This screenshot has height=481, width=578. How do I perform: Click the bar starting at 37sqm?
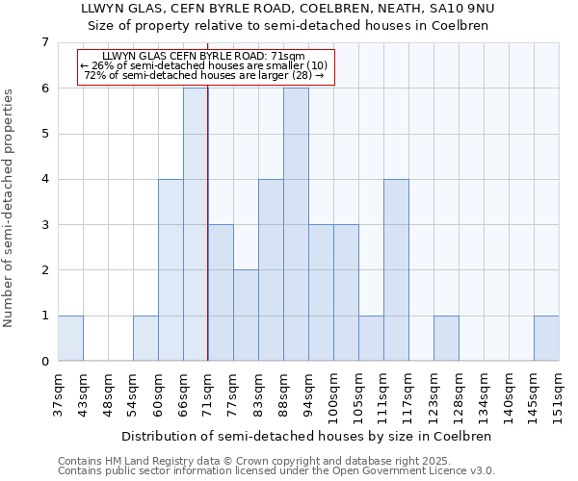pyautogui.click(x=70, y=338)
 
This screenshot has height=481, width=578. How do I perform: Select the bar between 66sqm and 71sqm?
pyautogui.click(x=196, y=224)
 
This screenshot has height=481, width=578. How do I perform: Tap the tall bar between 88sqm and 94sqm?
pyautogui.click(x=296, y=224)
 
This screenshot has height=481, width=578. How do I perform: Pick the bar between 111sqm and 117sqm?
pyautogui.click(x=396, y=269)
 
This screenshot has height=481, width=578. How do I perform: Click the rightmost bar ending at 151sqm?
pyautogui.click(x=546, y=338)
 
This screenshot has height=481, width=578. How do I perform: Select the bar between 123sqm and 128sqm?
pyautogui.click(x=446, y=338)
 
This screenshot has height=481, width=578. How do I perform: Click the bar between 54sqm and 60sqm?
pyautogui.click(x=145, y=338)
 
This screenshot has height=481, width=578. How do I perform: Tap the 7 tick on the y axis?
pyautogui.click(x=44, y=42)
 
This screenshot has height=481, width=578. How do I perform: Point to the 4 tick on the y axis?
pyautogui.click(x=44, y=179)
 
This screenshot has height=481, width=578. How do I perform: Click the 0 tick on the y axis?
pyautogui.click(x=44, y=361)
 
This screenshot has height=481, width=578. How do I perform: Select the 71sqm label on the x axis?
pyautogui.click(x=208, y=392)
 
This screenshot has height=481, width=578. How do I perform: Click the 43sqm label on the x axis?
pyautogui.click(x=83, y=392)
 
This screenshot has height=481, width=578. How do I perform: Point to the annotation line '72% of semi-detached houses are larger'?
pyautogui.click(x=204, y=75)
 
